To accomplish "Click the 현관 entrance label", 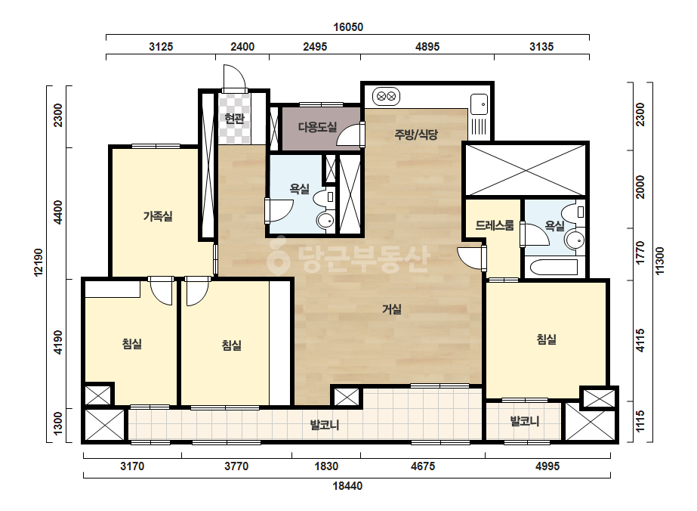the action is pos(234,119).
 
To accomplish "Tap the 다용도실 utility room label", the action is pos(317,127).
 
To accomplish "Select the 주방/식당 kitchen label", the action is pos(416,134).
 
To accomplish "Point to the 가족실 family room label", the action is pos(158,216).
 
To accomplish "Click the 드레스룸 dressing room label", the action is pos(495,225).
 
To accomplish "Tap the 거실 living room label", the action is pos(392,309).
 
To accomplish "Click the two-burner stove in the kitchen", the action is pos(386,96).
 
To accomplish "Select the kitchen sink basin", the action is pos(480,104).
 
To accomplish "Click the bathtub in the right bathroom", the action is pos(553,268).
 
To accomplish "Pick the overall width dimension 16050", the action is pos(348,27).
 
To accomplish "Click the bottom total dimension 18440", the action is pos(347,486).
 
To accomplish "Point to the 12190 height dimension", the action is pos(39,262).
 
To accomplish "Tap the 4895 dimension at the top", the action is pos(427,47).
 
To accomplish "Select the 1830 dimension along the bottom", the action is pos(326,466).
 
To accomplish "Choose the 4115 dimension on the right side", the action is pos(640,340).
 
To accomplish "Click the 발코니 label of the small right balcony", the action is pos(525,421).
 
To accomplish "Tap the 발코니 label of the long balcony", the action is pos(325,425).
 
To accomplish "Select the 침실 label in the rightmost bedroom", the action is pos(547,339).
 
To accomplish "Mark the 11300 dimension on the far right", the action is pos(660,261).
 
